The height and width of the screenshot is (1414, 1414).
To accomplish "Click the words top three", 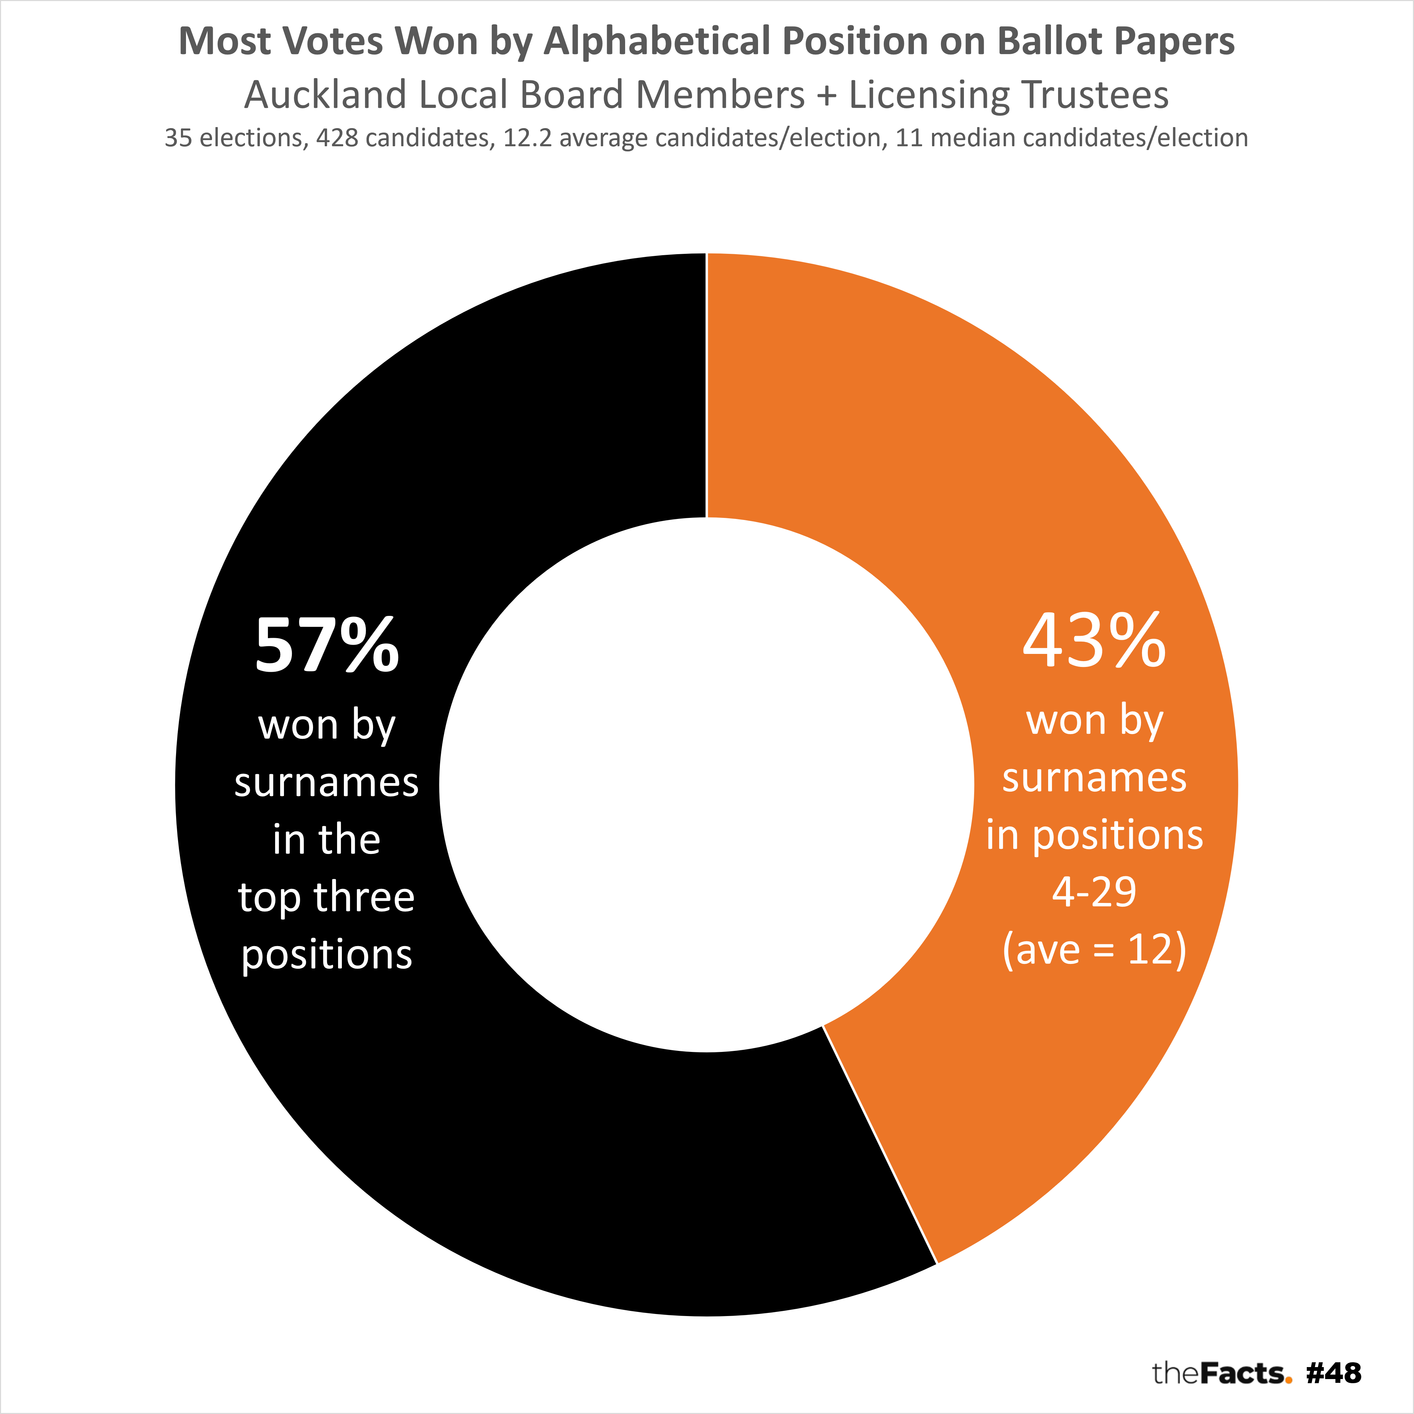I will point(326,897).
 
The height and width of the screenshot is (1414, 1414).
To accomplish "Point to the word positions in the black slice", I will point(326,954).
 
